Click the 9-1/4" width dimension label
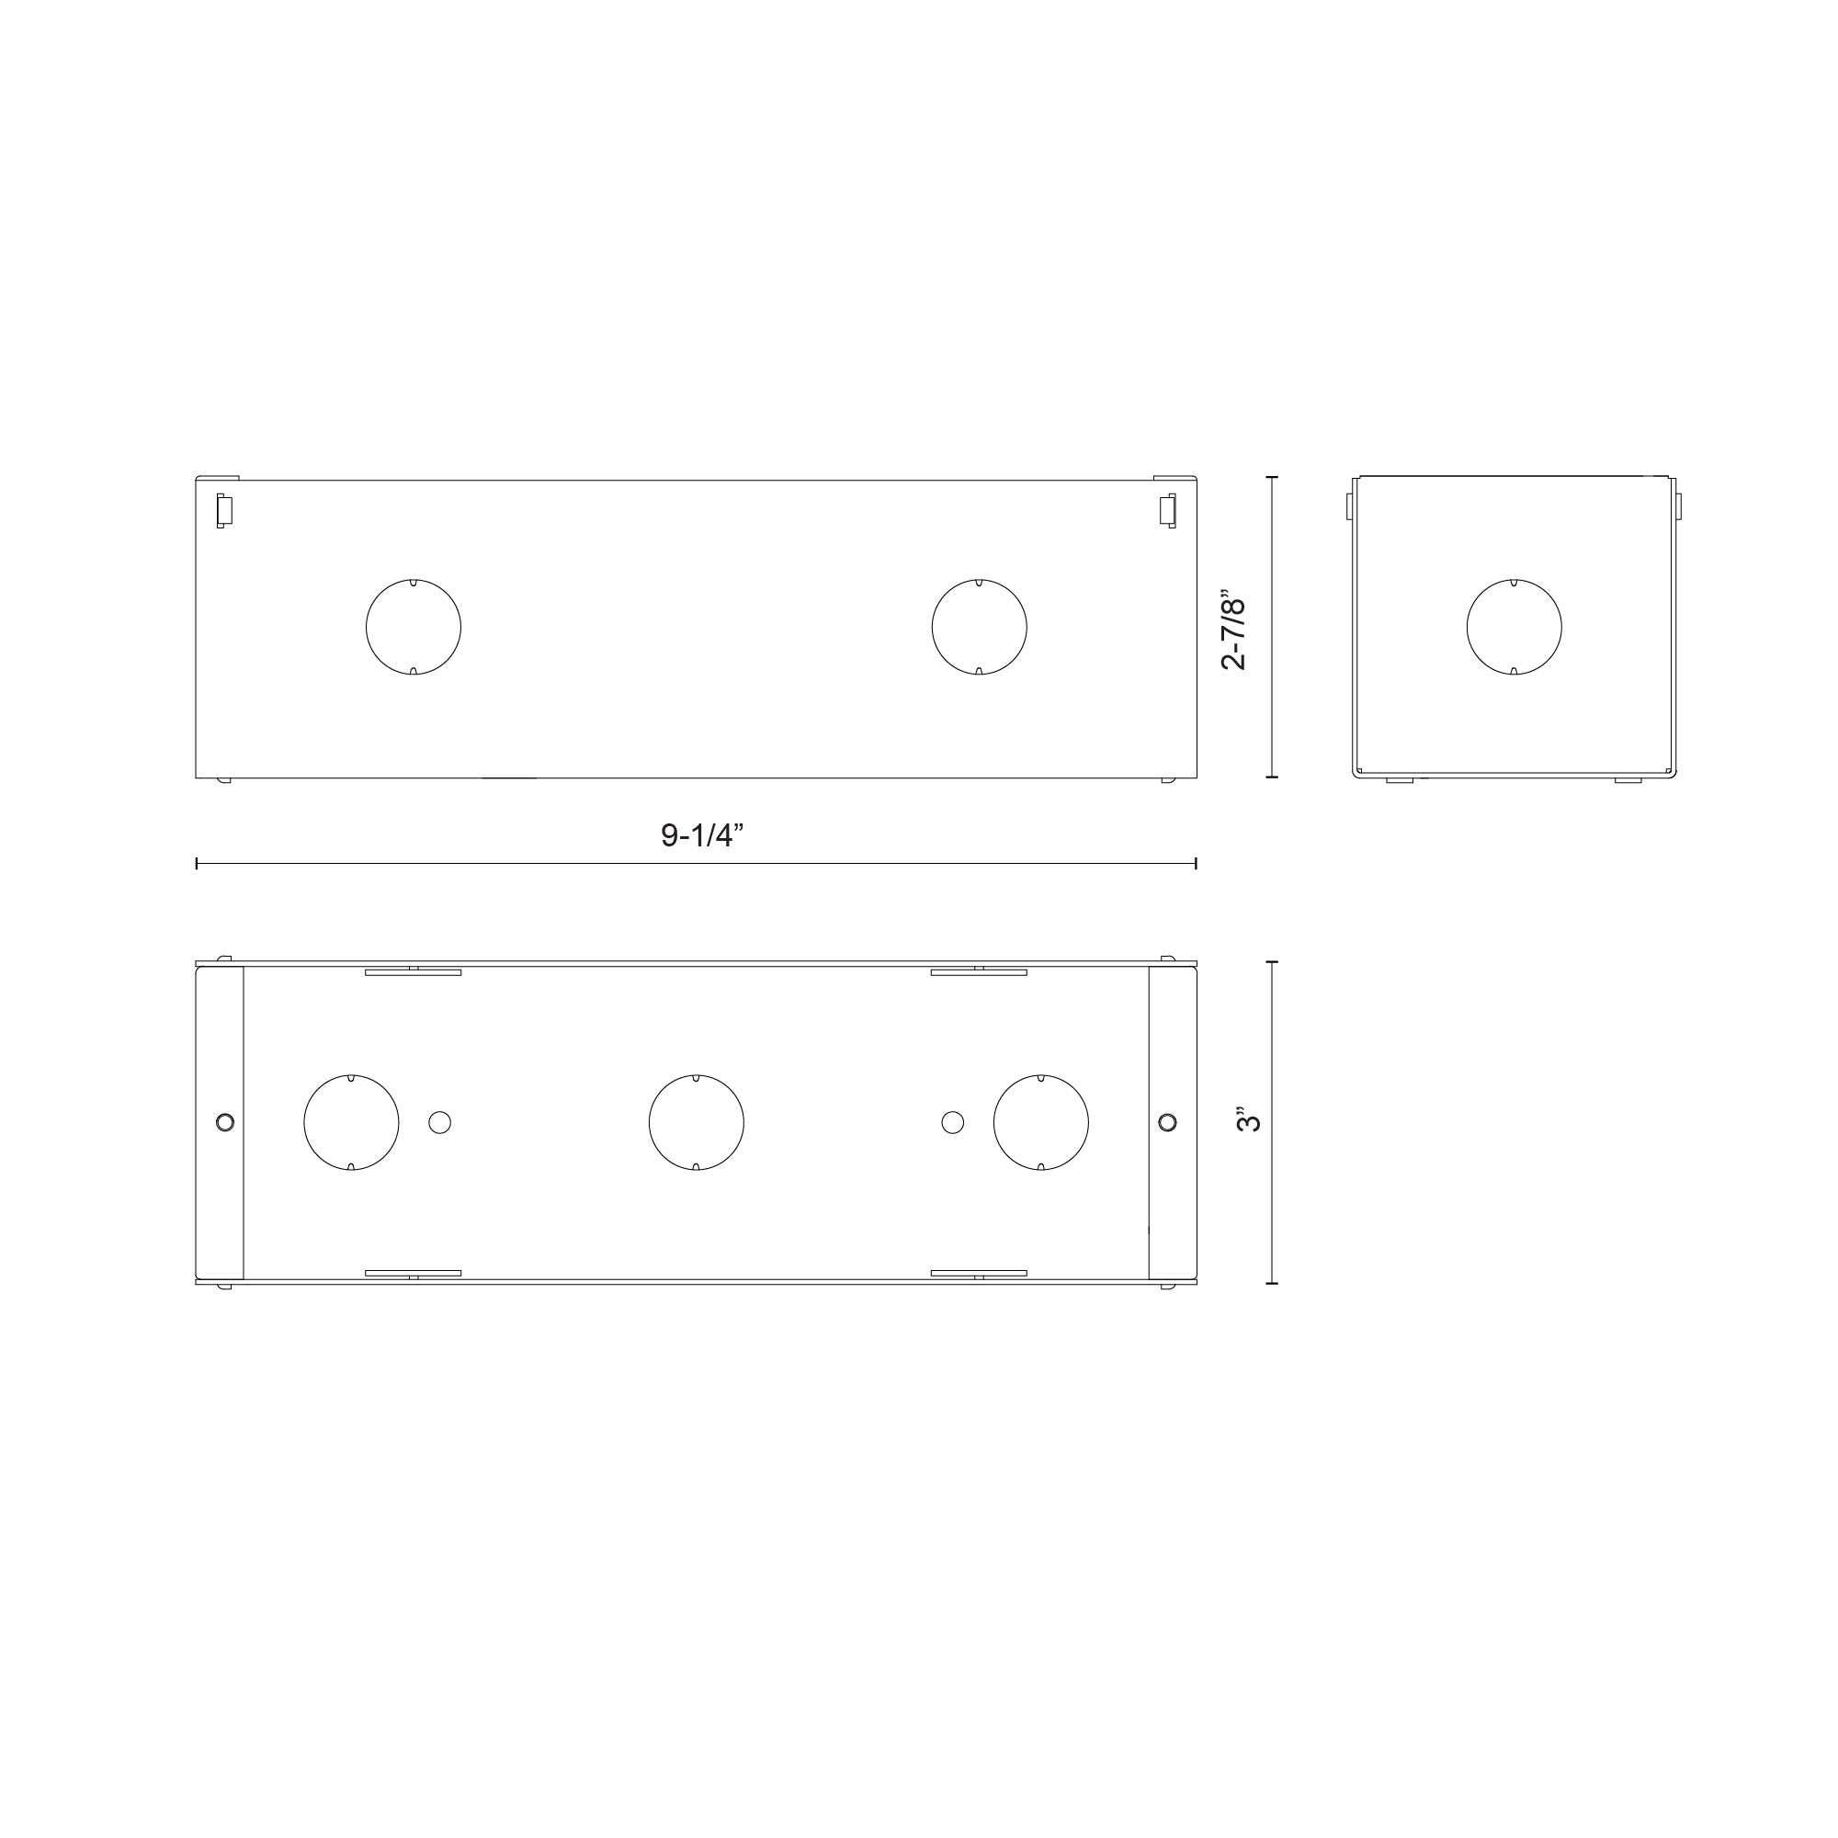[x=702, y=835]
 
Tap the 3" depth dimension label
[x=1251, y=1118]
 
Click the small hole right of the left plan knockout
[x=439, y=1123]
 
